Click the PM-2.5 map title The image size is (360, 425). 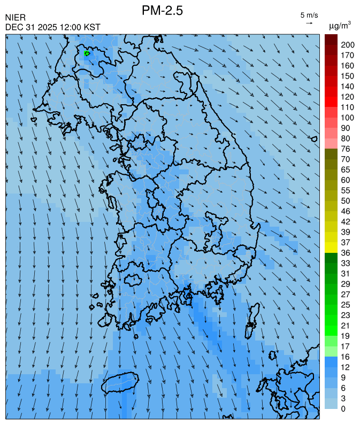click(x=163, y=10)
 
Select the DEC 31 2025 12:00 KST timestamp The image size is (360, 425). click(x=52, y=27)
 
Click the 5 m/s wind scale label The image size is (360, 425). click(x=309, y=15)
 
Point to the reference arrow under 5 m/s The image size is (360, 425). click(x=309, y=23)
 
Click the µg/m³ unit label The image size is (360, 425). click(x=340, y=25)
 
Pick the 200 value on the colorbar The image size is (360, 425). click(x=348, y=44)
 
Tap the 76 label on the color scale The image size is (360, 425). click(x=346, y=149)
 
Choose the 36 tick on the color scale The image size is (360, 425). click(x=346, y=252)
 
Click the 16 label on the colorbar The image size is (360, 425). click(x=346, y=357)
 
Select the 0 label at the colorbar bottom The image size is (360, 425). click(x=343, y=409)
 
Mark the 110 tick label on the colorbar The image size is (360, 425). click(x=348, y=107)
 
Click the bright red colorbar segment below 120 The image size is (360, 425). click(x=331, y=102)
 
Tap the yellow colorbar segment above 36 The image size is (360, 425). click(x=331, y=247)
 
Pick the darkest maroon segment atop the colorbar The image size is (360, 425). click(x=331, y=39)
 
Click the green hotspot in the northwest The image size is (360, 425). click(x=87, y=53)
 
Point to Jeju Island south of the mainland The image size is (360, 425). click(x=120, y=382)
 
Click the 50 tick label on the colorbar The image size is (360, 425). click(x=346, y=200)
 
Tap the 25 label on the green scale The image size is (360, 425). click(x=346, y=304)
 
